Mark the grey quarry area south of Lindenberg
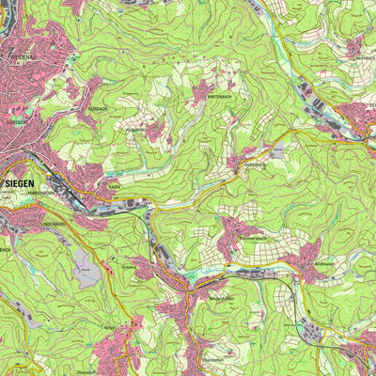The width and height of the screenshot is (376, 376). pyautogui.click(x=86, y=270)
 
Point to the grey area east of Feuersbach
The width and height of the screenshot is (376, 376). pyautogui.click(x=277, y=150)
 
